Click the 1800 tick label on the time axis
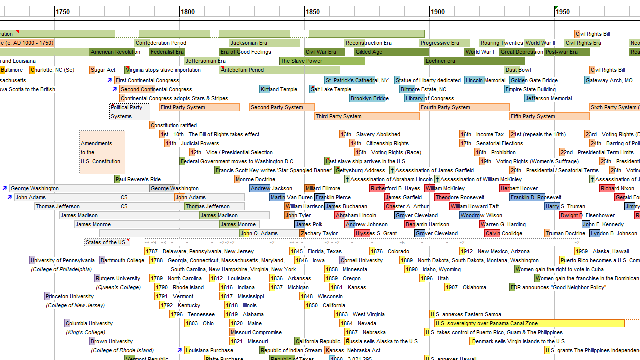click(x=188, y=12)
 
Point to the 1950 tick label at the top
click(x=563, y=12)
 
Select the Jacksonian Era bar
click(x=264, y=43)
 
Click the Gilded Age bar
click(x=392, y=52)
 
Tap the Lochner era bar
click(x=474, y=61)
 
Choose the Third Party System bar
click(x=367, y=116)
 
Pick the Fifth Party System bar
click(x=549, y=116)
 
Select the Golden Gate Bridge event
click(x=533, y=80)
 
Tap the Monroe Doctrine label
click(x=255, y=179)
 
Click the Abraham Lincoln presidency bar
click(x=356, y=215)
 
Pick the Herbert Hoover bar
click(x=519, y=188)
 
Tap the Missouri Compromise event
click(x=256, y=332)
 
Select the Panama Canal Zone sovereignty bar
click(x=529, y=323)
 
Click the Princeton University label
click(x=69, y=296)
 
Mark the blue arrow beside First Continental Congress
click(x=110, y=80)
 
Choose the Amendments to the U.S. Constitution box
click(x=102, y=152)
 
